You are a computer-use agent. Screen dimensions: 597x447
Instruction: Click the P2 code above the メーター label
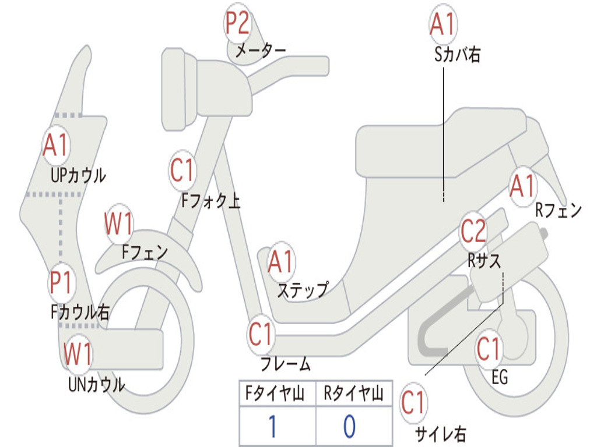tap(238, 24)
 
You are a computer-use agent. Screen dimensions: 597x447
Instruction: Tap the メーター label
tap(260, 51)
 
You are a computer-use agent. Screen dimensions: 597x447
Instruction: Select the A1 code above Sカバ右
tap(442, 24)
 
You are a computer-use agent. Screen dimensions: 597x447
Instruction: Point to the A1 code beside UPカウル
tap(56, 146)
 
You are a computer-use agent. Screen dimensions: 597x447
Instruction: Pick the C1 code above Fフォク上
tap(182, 171)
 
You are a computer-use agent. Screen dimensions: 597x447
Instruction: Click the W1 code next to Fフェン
tap(120, 223)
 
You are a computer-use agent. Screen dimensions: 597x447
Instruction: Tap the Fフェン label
tap(145, 252)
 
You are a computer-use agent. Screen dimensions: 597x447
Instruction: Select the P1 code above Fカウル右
tap(61, 283)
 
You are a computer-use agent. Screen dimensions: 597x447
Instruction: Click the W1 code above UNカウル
tap(78, 354)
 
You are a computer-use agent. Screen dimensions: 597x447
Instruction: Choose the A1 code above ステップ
tap(281, 262)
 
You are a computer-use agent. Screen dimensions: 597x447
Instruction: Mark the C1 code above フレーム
tap(261, 335)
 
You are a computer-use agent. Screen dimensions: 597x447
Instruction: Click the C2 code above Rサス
tap(473, 232)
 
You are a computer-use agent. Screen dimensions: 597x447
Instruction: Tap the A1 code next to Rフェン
tap(522, 187)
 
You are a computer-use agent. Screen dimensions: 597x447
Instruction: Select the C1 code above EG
tap(489, 349)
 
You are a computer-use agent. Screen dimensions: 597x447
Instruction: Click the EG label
tap(500, 378)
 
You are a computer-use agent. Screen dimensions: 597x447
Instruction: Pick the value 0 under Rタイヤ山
tap(349, 427)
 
